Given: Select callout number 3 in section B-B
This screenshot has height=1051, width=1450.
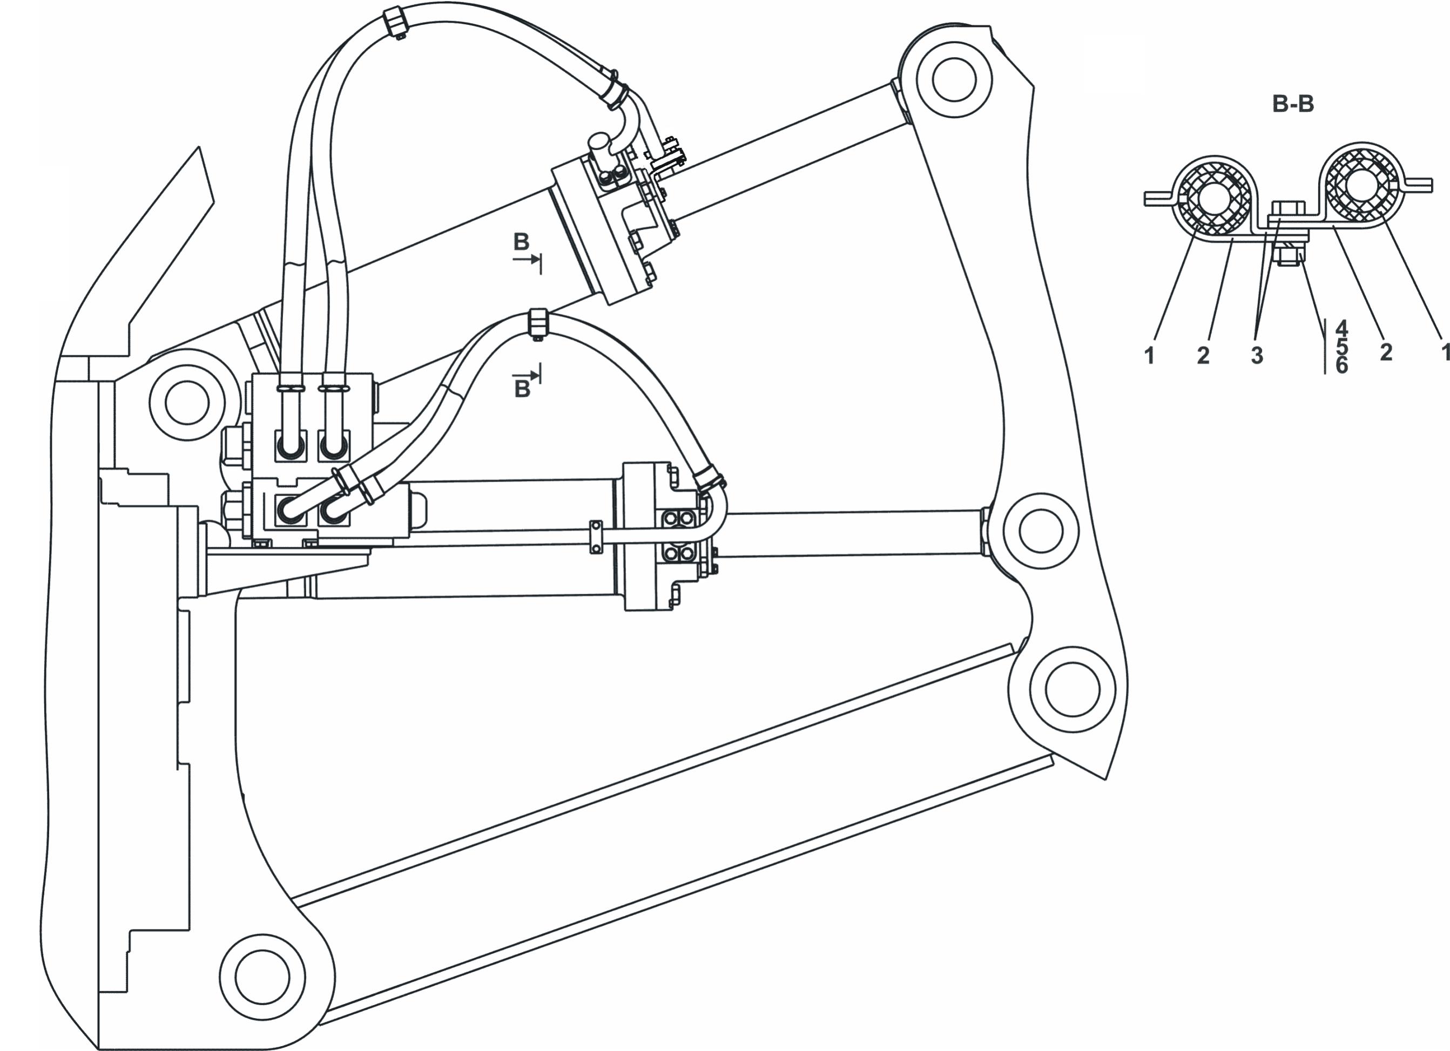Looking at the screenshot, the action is (1257, 355).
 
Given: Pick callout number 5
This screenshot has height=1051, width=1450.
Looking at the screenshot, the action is (1341, 347).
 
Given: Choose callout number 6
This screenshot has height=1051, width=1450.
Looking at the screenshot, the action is (1341, 365).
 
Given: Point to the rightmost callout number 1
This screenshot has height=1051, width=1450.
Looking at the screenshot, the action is (1444, 351).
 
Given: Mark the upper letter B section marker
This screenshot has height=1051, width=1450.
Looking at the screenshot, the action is (522, 242).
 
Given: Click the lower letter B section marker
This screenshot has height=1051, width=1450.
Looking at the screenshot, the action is (522, 389).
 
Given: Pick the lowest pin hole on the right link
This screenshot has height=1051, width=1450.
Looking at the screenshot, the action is (1072, 689).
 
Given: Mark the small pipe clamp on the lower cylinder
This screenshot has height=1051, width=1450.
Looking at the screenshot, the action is (596, 535).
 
